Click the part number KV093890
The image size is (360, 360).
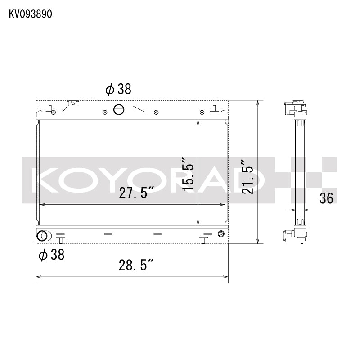(31, 14)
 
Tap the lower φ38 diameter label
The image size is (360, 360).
(51, 255)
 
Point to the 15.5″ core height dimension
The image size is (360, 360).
(188, 174)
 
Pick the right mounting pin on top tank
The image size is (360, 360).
(215, 108)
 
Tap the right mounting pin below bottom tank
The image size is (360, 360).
(203, 240)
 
